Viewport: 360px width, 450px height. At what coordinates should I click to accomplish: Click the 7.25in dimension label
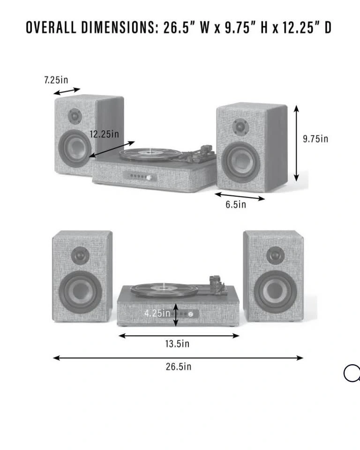[x=56, y=80]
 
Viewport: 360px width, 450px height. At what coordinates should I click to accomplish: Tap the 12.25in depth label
[x=104, y=134]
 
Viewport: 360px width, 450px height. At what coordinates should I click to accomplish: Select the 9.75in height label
[x=315, y=139]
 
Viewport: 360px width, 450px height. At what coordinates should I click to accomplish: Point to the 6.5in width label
[x=236, y=204]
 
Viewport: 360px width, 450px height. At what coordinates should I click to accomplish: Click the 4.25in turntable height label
[x=157, y=313]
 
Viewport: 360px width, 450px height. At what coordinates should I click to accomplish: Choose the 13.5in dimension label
[x=177, y=344]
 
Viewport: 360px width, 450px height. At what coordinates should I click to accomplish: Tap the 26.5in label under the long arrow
[x=179, y=367]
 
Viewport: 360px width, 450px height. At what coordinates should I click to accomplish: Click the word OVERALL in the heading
[x=51, y=28]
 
